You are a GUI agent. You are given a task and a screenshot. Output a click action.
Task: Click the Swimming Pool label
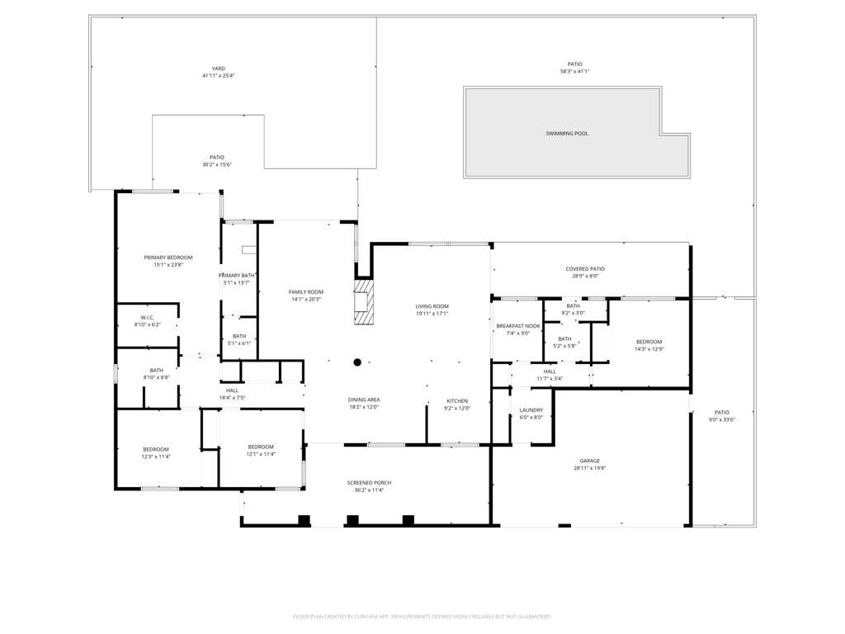tap(567, 133)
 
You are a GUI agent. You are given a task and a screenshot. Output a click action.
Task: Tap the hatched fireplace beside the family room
tap(364, 300)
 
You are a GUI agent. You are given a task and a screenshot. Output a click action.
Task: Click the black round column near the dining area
tap(357, 362)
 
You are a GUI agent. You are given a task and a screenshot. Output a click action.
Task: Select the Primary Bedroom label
tap(168, 258)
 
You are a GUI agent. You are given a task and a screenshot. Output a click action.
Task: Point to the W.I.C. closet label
tap(148, 318)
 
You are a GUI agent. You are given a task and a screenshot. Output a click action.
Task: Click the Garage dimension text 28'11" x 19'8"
tap(590, 468)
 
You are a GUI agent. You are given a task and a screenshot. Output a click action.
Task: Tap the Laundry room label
tap(531, 410)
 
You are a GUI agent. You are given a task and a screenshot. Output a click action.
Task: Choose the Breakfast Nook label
tap(518, 326)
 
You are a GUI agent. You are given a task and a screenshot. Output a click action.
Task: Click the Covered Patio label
tap(585, 269)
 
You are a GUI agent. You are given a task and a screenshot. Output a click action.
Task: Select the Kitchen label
tap(457, 401)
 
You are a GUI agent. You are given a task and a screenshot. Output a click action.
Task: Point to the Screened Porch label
tap(369, 483)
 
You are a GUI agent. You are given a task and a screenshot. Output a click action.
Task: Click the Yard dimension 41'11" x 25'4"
tap(218, 76)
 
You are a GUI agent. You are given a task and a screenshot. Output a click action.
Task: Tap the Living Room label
tap(432, 306)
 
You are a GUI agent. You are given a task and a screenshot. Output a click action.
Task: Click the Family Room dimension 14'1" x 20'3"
tap(306, 299)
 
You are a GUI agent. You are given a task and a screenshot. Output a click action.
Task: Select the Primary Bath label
tap(237, 276)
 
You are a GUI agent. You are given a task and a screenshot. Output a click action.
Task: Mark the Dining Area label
tap(364, 400)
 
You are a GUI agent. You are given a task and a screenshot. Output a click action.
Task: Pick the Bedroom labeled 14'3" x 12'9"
tap(649, 345)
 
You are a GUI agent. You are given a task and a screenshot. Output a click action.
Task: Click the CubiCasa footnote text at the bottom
tap(422, 616)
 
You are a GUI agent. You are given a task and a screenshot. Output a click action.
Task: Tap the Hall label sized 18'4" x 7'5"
tap(232, 394)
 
